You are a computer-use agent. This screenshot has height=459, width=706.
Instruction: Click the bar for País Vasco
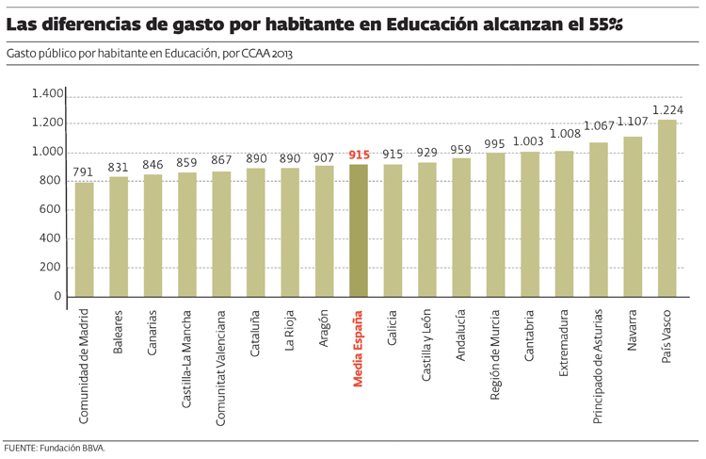pos(666,207)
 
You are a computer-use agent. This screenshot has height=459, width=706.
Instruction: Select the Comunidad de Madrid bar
pos(85,239)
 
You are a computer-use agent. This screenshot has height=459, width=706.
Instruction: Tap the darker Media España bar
pos(359,231)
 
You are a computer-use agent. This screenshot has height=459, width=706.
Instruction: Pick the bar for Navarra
pos(633,217)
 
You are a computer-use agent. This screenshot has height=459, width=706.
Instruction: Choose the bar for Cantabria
pos(530,224)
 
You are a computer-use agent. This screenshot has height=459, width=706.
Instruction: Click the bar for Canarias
pos(152,236)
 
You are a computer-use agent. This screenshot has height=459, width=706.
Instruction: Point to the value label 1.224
pos(666,110)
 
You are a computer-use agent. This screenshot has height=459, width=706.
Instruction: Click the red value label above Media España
pos(359,155)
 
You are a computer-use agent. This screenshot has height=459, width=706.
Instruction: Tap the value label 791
pos(85,172)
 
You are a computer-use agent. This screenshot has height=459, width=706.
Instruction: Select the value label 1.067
pos(598,126)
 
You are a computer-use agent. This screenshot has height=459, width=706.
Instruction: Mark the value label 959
pos(461,149)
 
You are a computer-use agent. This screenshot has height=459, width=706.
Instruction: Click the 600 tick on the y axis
pos(51,209)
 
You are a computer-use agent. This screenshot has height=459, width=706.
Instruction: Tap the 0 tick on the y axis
pos(57,296)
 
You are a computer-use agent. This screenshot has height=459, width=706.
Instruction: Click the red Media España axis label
pos(359,349)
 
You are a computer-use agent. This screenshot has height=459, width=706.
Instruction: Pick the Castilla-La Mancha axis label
pos(187,359)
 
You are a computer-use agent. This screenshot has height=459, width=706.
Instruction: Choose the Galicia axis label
pos(393,331)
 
